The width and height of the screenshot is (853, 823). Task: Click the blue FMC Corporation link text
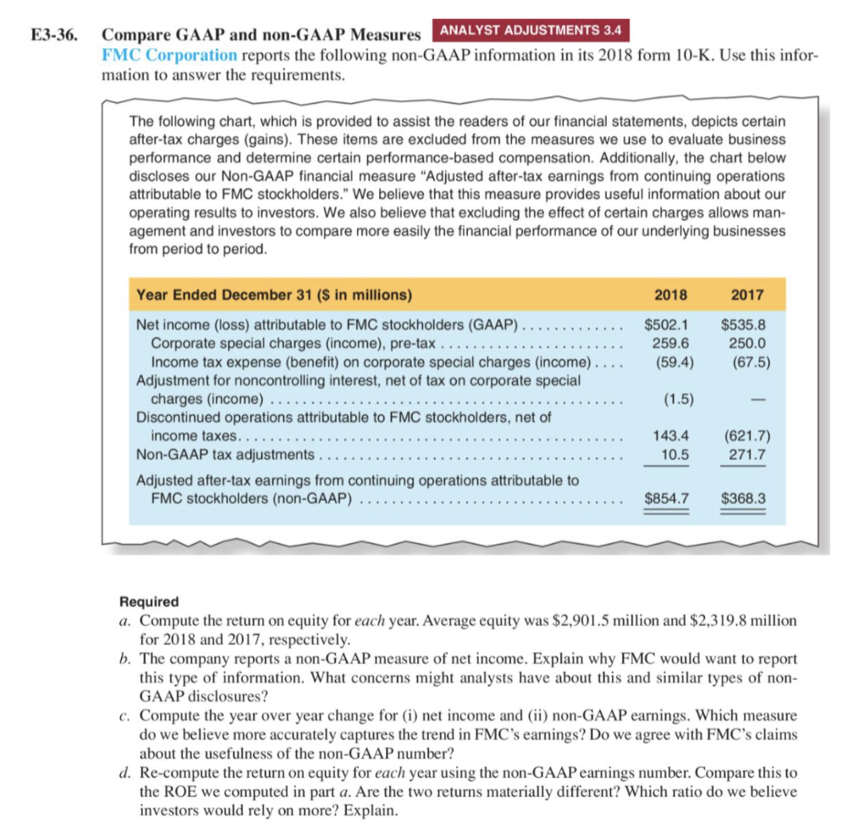169,55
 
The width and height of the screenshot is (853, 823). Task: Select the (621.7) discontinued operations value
743,436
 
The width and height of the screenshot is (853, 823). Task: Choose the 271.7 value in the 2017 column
746,455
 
